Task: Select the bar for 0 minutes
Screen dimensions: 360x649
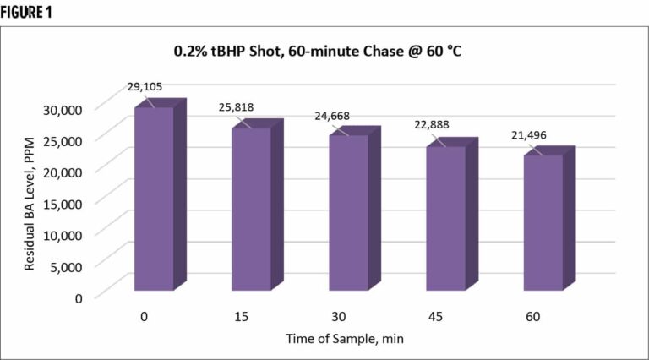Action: click(x=154, y=199)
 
